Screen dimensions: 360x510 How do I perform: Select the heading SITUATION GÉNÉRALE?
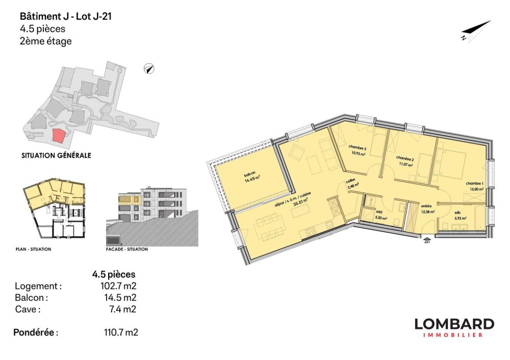[x=56, y=156]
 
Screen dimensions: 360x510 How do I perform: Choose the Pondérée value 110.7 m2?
[x=121, y=332]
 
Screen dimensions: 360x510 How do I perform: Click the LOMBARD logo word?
[x=454, y=324]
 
